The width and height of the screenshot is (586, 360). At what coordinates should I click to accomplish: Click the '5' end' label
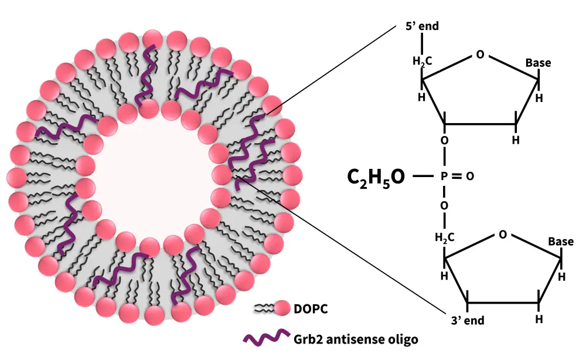pyautogui.click(x=422, y=26)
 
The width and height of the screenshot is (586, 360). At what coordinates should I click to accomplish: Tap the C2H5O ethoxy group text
pyautogui.click(x=376, y=176)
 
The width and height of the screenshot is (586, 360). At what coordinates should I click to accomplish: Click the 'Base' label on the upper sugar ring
pyautogui.click(x=538, y=63)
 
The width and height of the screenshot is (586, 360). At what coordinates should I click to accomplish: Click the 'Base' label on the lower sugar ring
pyautogui.click(x=560, y=241)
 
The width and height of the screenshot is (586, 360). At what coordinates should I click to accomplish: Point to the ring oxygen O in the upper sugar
pyautogui.click(x=481, y=55)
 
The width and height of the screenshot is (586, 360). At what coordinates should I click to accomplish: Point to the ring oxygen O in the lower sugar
pyautogui.click(x=502, y=235)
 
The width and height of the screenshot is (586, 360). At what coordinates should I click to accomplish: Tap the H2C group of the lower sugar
pyautogui.click(x=444, y=237)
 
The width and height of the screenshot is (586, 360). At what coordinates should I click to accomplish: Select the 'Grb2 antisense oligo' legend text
pyautogui.click(x=356, y=338)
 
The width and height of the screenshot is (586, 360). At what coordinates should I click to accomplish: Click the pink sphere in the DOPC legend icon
pyautogui.click(x=283, y=307)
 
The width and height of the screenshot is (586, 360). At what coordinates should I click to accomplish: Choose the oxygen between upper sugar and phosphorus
pyautogui.click(x=444, y=141)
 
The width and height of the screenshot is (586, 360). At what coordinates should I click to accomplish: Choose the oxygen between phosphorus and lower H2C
pyautogui.click(x=444, y=205)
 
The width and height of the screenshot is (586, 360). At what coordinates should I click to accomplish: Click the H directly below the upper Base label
pyautogui.click(x=539, y=97)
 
